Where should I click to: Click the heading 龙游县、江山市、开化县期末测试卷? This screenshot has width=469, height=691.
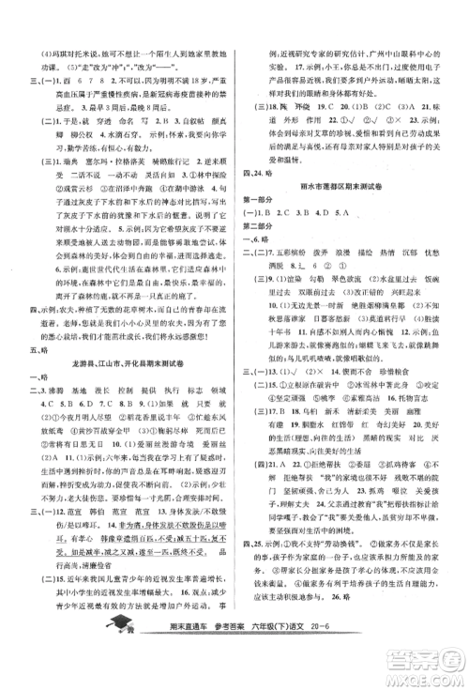(x=129, y=362)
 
